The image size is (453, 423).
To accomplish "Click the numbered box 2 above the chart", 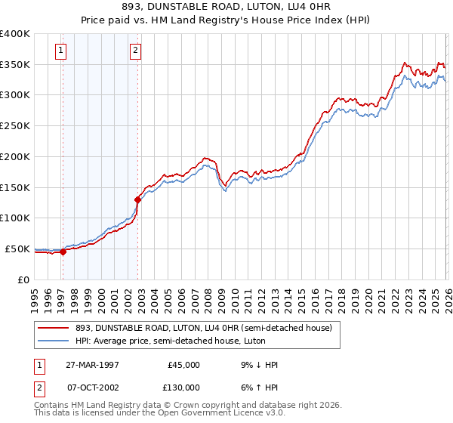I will (x=135, y=51).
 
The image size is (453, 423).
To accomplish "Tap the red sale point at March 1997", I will (x=63, y=252).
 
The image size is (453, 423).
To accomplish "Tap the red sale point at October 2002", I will (x=137, y=200).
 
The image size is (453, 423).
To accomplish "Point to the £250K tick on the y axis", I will (x=15, y=126).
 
